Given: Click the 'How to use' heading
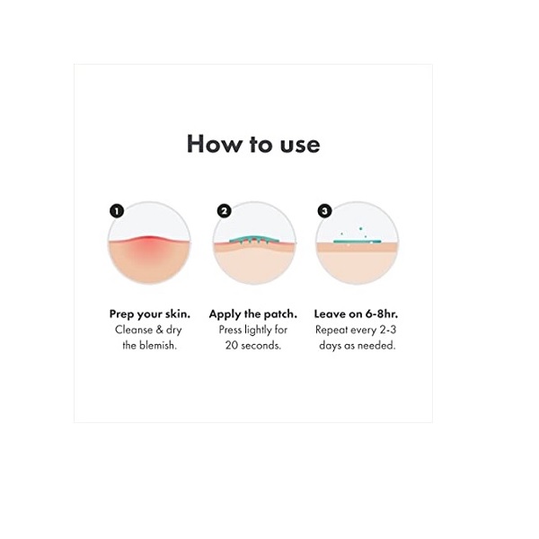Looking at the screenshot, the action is click(x=253, y=144).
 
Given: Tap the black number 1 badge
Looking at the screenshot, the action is click(x=117, y=211).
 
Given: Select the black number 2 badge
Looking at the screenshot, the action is click(x=224, y=211).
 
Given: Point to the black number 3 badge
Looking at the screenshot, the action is click(x=324, y=211).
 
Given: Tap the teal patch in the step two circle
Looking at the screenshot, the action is click(x=254, y=240).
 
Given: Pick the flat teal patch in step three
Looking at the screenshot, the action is click(x=358, y=242).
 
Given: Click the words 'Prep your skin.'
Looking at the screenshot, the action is click(x=149, y=314).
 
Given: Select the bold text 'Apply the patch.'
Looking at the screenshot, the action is click(x=253, y=314).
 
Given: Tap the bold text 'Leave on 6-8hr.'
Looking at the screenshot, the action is click(x=356, y=314).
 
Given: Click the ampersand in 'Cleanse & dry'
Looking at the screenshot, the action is click(x=159, y=330).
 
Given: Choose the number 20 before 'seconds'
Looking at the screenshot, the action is click(x=231, y=345).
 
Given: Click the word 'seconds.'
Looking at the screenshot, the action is click(x=261, y=345).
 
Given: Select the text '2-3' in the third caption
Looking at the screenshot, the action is click(x=388, y=330).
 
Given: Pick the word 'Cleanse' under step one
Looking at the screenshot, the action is click(x=134, y=330).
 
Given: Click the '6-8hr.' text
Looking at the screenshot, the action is click(x=382, y=314).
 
